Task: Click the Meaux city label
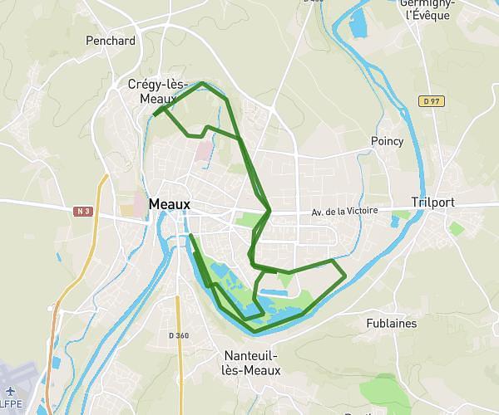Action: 170,204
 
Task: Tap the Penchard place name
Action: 111,40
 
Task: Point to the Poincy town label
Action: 388,141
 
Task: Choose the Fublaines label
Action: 391,324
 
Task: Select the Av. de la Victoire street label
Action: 344,211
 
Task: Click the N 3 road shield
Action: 82,211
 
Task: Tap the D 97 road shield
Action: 429,101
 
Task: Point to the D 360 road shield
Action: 179,335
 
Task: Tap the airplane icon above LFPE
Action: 10,391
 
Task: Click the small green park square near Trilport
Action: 457,227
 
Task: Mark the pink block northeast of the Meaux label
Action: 204,150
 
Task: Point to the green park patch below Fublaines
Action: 381,389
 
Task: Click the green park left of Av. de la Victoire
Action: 247,219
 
